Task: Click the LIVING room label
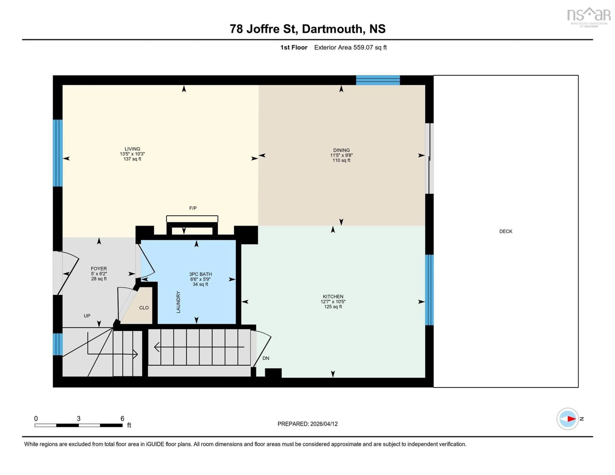click(132, 149)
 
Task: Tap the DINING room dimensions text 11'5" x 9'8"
click(341, 155)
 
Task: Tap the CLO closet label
click(144, 308)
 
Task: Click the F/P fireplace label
click(193, 208)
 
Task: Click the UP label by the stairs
click(87, 316)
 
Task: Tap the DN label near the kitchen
click(266, 358)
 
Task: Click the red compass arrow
click(571, 419)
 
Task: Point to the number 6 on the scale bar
click(122, 418)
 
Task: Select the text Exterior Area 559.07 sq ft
click(350, 47)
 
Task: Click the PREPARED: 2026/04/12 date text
click(307, 424)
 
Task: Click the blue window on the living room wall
click(58, 153)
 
